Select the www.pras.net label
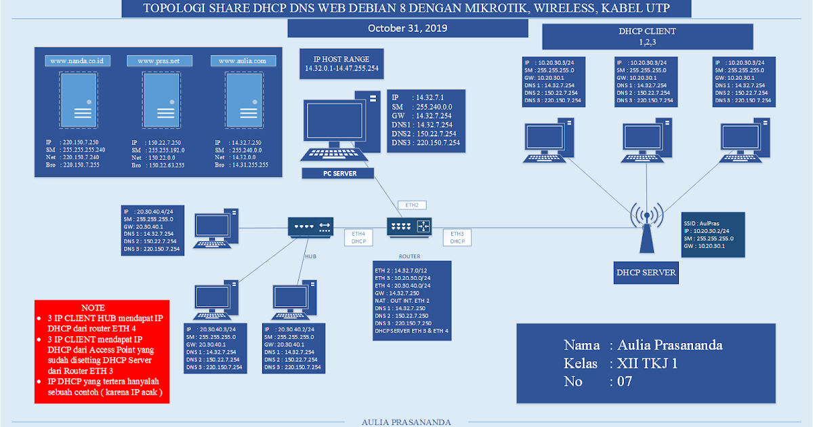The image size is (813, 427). [x=159, y=61]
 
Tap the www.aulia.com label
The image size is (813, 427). [x=243, y=61]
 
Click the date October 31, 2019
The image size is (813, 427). [x=407, y=28]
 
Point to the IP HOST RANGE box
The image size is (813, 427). [x=341, y=64]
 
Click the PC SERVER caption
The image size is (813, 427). [x=339, y=174]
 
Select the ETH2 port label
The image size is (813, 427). [x=412, y=205]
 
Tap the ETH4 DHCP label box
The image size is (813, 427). [x=358, y=237]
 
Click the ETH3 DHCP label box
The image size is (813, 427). [x=457, y=237]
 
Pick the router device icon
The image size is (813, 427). [x=409, y=226]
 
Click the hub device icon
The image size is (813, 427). [x=310, y=227]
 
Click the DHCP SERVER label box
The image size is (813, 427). [x=646, y=273]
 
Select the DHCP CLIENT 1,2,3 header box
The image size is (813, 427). [x=647, y=36]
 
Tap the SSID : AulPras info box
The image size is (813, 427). [x=711, y=235]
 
